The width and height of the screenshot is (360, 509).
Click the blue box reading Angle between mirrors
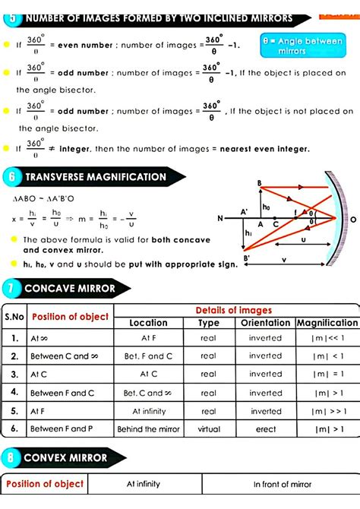tap(311, 46)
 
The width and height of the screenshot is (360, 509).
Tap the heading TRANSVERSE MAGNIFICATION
tap(95, 177)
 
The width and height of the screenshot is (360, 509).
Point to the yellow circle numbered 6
tap(11, 177)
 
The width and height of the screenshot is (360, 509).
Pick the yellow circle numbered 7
tap(11, 289)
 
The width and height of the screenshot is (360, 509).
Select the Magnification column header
tap(327, 323)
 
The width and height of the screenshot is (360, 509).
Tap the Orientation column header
tap(265, 323)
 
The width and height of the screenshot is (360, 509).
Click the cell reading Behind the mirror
tap(149, 429)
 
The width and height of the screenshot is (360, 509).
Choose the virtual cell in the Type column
tap(208, 429)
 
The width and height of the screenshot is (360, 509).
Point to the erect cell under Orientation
tap(265, 429)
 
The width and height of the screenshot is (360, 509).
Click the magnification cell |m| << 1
tap(327, 337)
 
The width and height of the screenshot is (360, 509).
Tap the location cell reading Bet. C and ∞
tap(149, 393)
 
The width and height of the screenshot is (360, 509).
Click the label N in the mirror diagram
tap(220, 219)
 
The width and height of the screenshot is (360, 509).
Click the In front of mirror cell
tap(282, 484)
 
